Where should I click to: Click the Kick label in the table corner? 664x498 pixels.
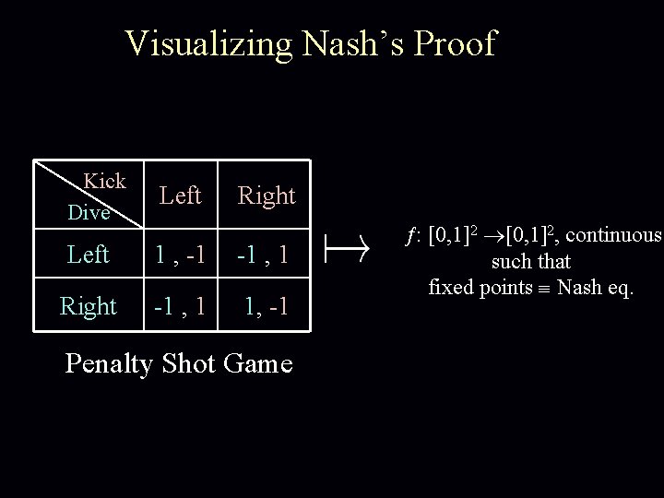pos(104,179)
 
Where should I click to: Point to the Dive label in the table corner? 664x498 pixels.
pos(89,212)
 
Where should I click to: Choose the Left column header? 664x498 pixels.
pos(180,196)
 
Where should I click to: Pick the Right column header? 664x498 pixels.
pos(267,196)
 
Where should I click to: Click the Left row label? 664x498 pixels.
pos(89,253)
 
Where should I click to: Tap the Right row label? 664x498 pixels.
pos(89,305)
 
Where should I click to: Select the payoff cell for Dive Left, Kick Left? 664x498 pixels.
pos(181,254)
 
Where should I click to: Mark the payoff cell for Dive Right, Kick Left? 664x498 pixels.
pos(181,305)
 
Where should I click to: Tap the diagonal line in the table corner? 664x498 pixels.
pos(78,188)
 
